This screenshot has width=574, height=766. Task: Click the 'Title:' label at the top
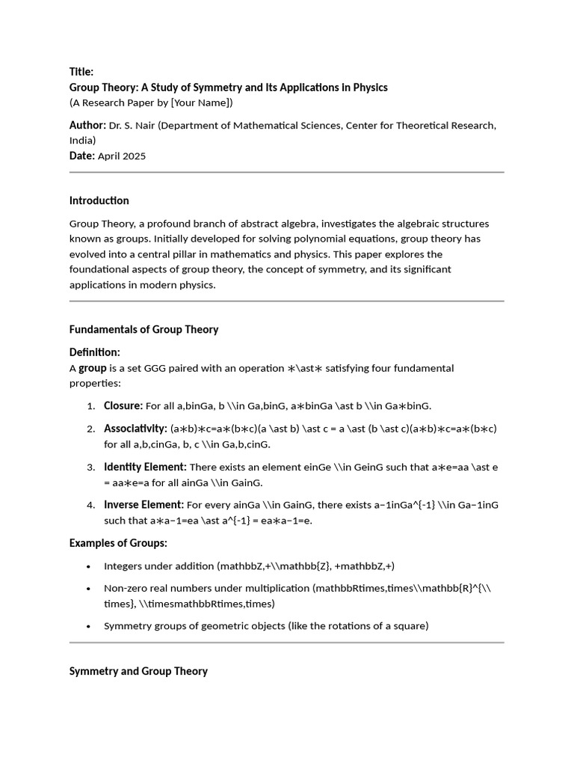tap(81, 72)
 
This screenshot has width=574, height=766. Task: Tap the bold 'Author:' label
tap(87, 125)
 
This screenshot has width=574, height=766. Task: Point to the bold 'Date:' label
tap(82, 156)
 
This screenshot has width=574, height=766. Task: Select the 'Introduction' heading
tap(99, 200)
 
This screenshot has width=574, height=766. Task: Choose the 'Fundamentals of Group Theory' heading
tap(143, 329)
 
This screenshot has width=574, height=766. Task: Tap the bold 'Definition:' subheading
tap(94, 352)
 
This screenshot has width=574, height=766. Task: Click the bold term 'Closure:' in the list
tap(123, 405)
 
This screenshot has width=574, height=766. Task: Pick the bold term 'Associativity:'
tap(135, 429)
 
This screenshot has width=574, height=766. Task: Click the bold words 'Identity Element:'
tap(145, 467)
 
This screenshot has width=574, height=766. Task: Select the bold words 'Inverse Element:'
tap(143, 505)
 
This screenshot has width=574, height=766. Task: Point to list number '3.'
tap(90, 468)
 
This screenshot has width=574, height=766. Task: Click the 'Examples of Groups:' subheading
tap(118, 543)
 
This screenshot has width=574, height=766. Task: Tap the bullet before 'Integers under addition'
tap(88, 566)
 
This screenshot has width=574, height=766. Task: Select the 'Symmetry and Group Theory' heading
tap(138, 671)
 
